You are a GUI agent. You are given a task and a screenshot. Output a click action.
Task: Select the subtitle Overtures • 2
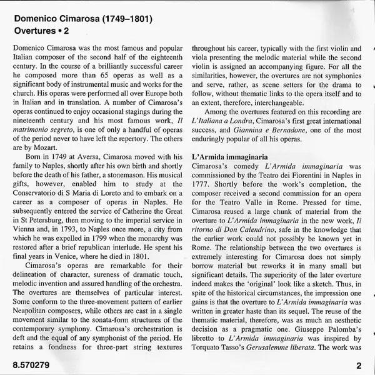[41, 29]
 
